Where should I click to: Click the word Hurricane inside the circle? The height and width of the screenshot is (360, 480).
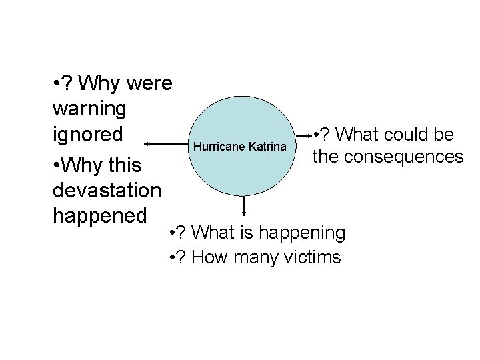[219, 145]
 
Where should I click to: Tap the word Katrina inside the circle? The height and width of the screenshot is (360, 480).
[267, 145]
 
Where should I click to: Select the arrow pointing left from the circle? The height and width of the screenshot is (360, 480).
[167, 143]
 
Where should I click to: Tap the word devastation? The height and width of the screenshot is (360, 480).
[106, 190]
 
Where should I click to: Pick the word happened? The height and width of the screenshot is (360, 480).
[98, 216]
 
